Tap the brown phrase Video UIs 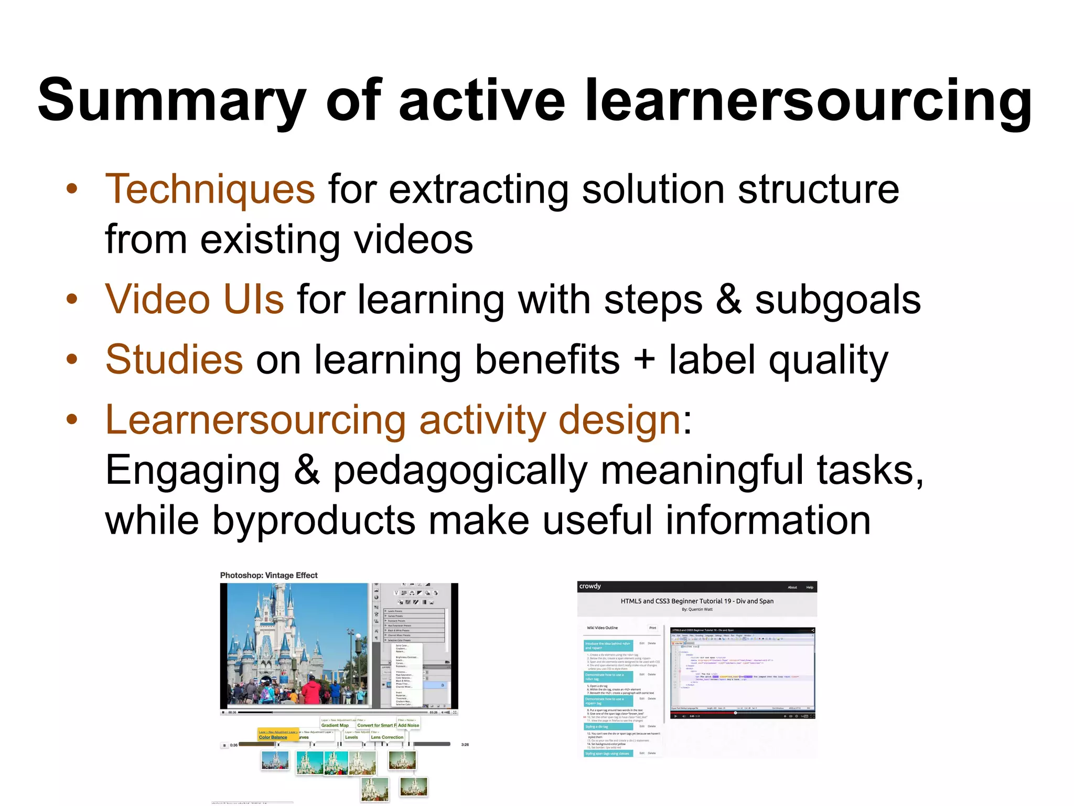point(195,299)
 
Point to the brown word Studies point(174,359)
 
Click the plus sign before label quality point(644,360)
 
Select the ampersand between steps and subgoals point(728,299)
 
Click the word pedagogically point(460,470)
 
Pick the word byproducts point(313,520)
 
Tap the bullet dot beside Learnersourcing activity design point(72,419)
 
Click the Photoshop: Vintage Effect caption point(268,575)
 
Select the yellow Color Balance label point(273,737)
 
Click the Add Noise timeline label point(409,726)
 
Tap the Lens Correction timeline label point(387,737)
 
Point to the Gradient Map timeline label point(335,726)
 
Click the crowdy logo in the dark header point(590,586)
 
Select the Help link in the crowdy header point(810,587)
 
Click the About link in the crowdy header point(792,587)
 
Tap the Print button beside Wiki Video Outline point(652,628)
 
